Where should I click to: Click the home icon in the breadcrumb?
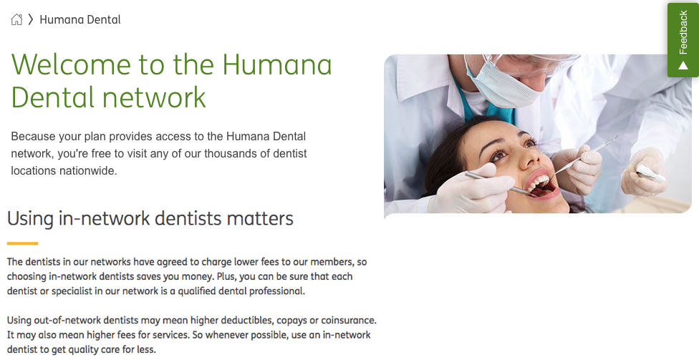tap(16, 19)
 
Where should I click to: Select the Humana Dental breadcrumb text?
tap(80, 19)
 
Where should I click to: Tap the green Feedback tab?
tap(683, 40)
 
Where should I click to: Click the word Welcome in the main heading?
tap(71, 64)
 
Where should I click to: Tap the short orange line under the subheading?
tap(22, 243)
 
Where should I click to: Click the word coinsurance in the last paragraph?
tap(349, 321)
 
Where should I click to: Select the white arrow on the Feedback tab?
tap(683, 66)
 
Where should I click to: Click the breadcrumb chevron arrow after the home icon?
tap(31, 19)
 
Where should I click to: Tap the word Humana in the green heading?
tap(277, 64)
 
